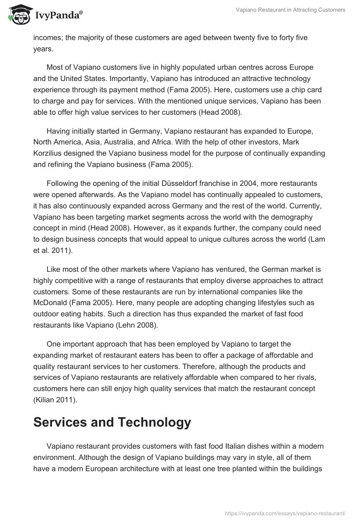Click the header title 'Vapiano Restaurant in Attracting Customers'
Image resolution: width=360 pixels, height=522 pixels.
pos(291,10)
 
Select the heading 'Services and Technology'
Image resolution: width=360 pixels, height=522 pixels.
pos(112,422)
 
